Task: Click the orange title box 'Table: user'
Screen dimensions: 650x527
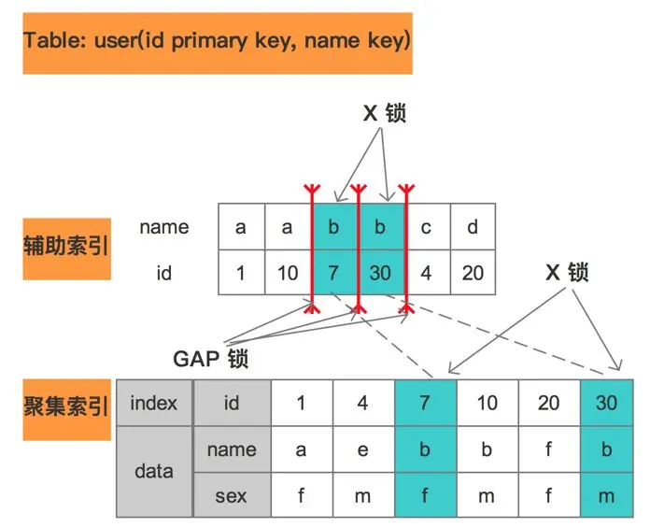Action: (218, 44)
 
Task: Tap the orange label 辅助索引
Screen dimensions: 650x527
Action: (66, 249)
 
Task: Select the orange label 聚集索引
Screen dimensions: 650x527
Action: (66, 409)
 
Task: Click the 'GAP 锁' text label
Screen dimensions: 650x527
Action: (210, 359)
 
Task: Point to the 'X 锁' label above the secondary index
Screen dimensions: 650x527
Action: (384, 113)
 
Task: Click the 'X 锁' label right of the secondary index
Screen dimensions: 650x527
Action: (567, 273)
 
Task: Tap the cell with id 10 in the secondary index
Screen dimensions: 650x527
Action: (288, 273)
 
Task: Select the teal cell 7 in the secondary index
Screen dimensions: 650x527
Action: (333, 273)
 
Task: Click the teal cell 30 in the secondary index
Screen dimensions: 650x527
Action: (380, 273)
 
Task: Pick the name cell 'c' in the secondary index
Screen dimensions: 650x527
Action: (427, 227)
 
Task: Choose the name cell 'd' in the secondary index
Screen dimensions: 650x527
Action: (473, 227)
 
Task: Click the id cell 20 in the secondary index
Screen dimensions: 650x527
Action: (473, 273)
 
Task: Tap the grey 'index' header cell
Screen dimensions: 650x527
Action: (154, 403)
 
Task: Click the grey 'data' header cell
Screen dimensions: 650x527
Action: (154, 472)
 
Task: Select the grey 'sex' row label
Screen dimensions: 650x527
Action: (232, 495)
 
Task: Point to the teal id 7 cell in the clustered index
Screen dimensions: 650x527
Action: (425, 403)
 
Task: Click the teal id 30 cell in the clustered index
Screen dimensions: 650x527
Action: (607, 403)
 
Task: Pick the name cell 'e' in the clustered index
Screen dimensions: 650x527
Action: (363, 449)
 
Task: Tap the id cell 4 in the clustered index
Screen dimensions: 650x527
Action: (363, 403)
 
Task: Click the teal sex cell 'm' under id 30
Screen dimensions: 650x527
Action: (607, 495)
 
